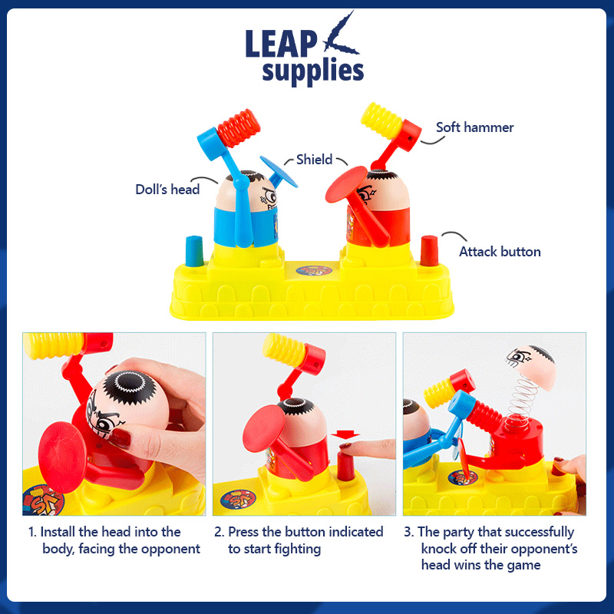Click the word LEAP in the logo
(x=281, y=44)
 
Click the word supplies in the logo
(x=313, y=71)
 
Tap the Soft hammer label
(x=474, y=127)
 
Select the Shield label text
(x=314, y=160)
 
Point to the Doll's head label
(x=167, y=189)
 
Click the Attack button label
(x=500, y=252)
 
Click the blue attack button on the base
(x=194, y=251)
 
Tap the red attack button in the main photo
(x=429, y=251)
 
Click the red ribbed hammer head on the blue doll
(x=239, y=128)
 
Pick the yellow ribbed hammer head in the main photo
(x=381, y=120)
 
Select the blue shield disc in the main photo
(x=279, y=172)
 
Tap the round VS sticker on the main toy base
(x=314, y=271)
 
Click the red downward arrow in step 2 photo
(x=345, y=435)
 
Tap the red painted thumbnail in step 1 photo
(x=120, y=438)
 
